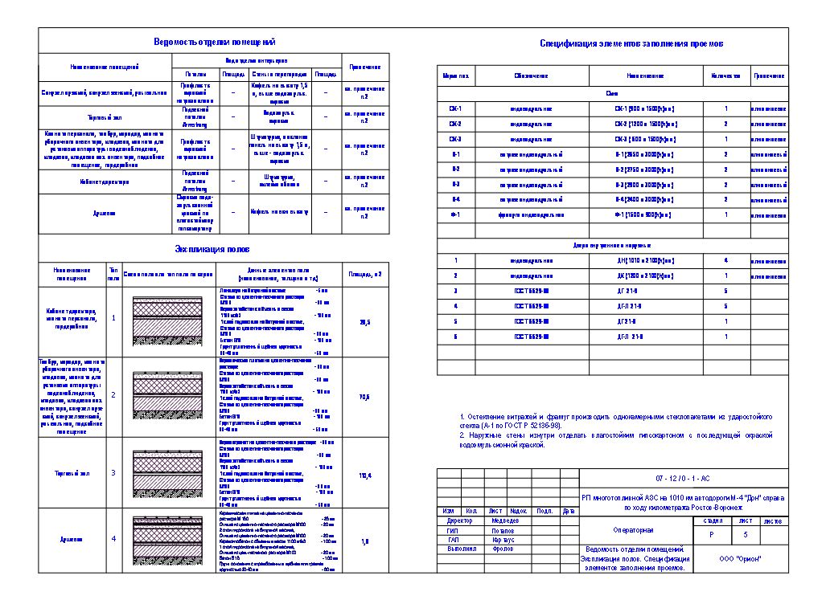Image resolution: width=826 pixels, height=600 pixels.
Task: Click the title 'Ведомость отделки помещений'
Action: (x=214, y=41)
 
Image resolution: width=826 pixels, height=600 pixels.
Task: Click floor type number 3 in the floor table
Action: (x=113, y=474)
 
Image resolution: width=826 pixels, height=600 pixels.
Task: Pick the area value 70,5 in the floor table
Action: (x=364, y=395)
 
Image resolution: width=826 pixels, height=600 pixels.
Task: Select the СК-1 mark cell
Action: (x=455, y=108)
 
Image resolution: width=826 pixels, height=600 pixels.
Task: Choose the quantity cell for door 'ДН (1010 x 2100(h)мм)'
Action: (x=725, y=260)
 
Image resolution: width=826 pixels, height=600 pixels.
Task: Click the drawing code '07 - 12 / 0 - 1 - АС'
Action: (x=683, y=478)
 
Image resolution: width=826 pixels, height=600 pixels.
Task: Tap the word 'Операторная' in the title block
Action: (x=635, y=530)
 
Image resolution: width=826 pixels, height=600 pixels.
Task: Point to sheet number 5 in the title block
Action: (x=746, y=534)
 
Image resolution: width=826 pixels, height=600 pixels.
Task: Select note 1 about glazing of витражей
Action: (x=615, y=422)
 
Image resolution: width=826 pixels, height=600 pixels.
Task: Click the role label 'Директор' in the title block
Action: (x=459, y=520)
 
